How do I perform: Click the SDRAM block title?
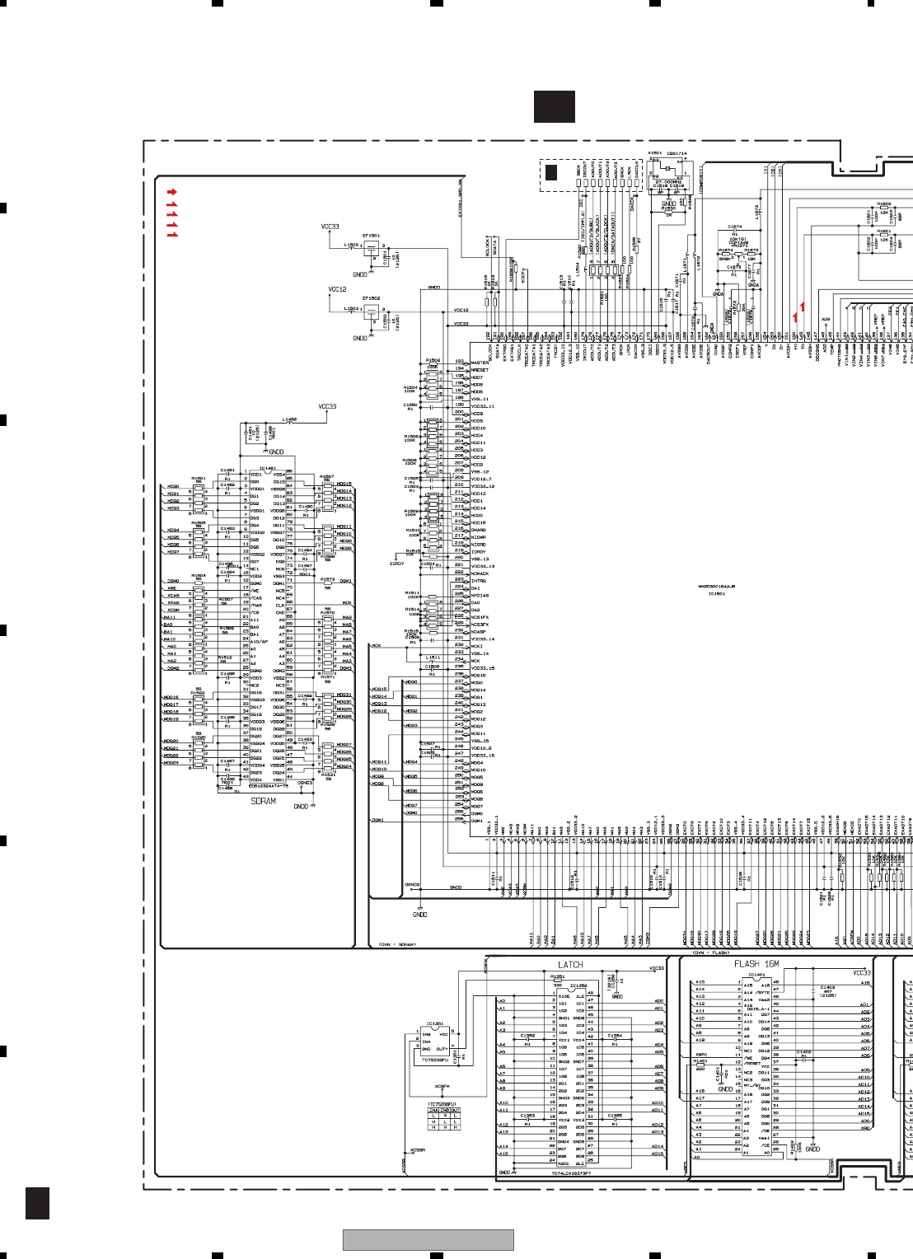pos(263,801)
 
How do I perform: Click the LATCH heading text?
pos(570,964)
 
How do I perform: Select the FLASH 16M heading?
pos(756,963)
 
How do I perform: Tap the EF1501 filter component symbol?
pos(372,246)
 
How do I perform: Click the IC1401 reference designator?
pos(756,975)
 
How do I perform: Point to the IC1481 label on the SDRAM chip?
pos(268,469)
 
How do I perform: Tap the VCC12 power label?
pos(337,290)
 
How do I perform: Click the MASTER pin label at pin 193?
pos(479,363)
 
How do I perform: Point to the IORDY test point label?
pos(396,564)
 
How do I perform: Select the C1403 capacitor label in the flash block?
pos(826,987)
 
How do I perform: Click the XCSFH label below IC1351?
pos(442,1087)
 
